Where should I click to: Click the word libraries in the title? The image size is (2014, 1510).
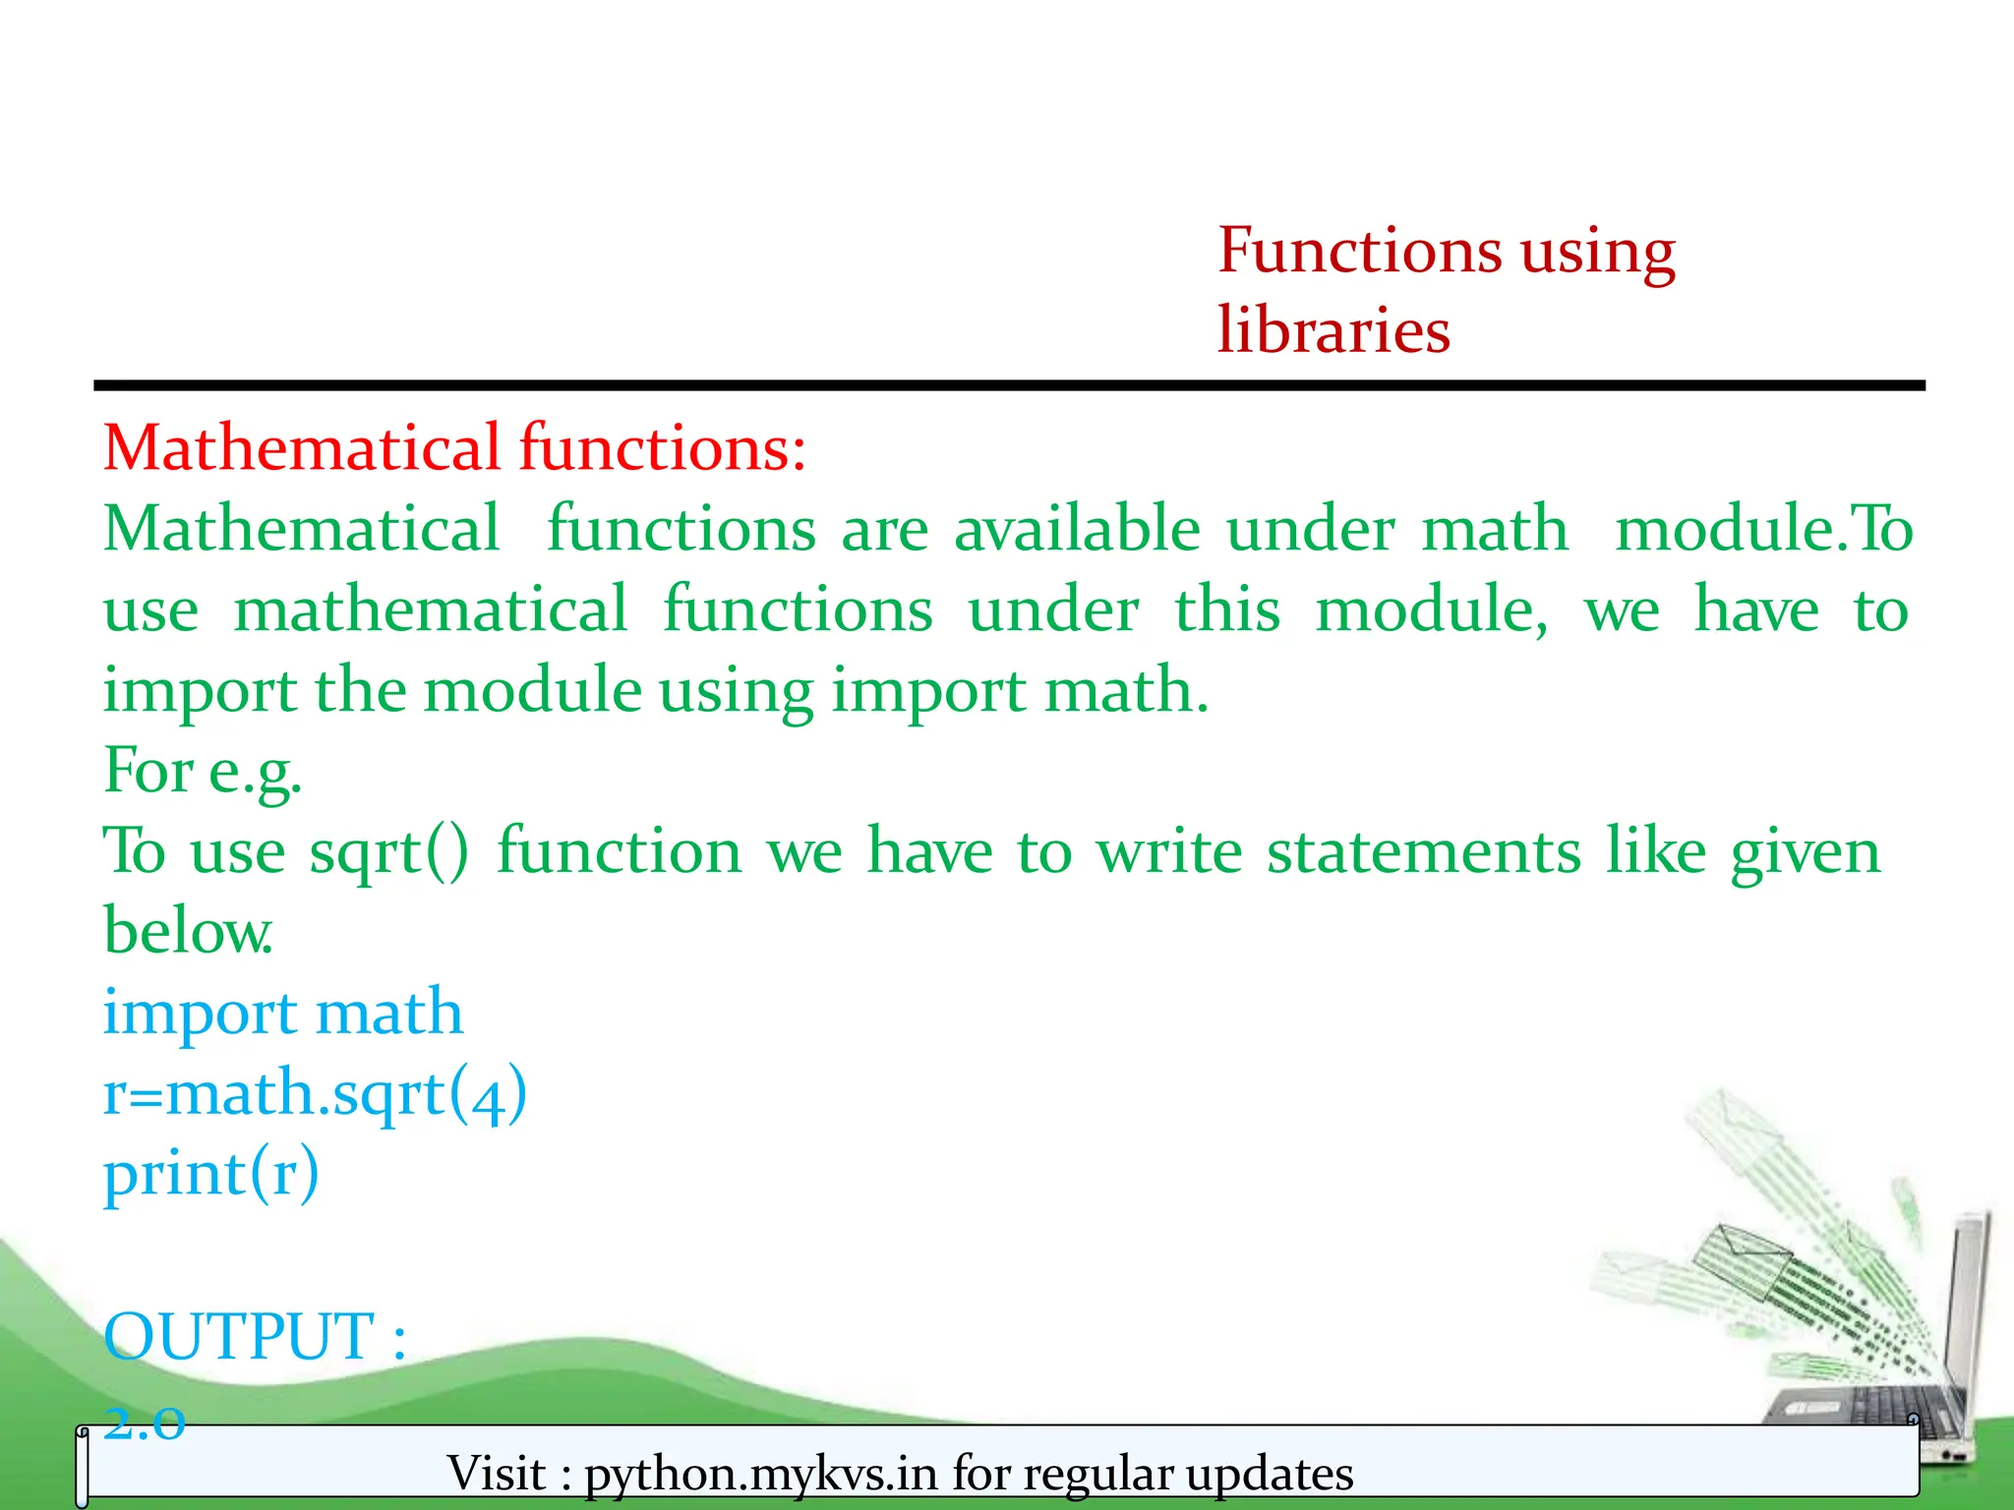[x=1333, y=330]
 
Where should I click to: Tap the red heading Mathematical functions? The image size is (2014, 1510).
[x=454, y=448]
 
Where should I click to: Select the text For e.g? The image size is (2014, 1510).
[x=203, y=772]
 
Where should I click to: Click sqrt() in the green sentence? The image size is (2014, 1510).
[x=389, y=851]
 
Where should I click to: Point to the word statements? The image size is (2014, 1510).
[x=1423, y=851]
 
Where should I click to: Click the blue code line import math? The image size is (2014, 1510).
[x=283, y=1013]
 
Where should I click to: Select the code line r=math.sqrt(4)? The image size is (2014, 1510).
[x=315, y=1093]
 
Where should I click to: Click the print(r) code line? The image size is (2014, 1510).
[x=211, y=1174]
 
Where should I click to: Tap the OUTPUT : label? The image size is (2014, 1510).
[x=255, y=1337]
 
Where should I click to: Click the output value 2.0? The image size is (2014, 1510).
[x=145, y=1422]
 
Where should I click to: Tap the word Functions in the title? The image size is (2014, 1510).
[x=1359, y=251]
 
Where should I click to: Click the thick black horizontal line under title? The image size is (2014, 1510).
[x=1008, y=386]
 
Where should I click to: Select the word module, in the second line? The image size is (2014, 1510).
[x=1431, y=610]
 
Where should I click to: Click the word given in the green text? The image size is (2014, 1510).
[x=1805, y=851]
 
